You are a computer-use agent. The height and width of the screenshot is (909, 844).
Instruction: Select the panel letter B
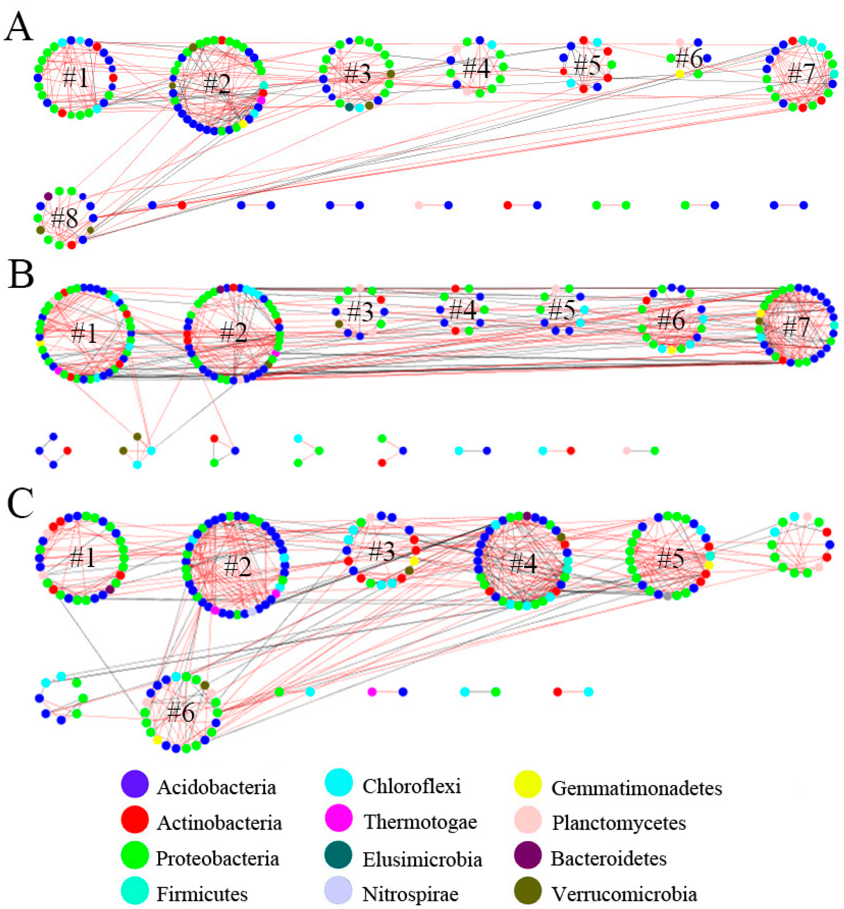(x=20, y=275)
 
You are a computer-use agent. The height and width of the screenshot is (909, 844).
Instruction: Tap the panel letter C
(x=20, y=504)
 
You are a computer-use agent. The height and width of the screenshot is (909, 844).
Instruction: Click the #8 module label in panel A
(x=65, y=218)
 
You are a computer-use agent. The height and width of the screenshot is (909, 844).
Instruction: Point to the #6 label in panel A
(x=689, y=59)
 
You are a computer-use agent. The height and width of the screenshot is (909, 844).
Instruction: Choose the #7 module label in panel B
(x=796, y=327)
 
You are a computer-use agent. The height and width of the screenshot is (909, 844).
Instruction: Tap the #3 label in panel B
(x=360, y=312)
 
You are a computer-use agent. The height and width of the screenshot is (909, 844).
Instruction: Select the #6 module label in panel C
(x=181, y=712)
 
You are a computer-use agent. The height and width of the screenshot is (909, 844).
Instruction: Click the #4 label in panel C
(x=523, y=563)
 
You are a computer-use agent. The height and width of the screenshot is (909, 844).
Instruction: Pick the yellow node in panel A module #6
(x=680, y=74)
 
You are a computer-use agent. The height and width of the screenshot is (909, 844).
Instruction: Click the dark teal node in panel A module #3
(x=350, y=107)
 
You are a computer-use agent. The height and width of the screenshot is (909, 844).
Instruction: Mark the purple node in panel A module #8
(x=48, y=196)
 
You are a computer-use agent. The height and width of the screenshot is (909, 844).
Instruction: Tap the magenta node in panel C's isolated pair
(x=372, y=692)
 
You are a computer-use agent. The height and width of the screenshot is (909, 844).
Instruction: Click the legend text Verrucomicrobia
(x=624, y=894)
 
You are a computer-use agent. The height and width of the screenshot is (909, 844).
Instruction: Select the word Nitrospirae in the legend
(x=410, y=894)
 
